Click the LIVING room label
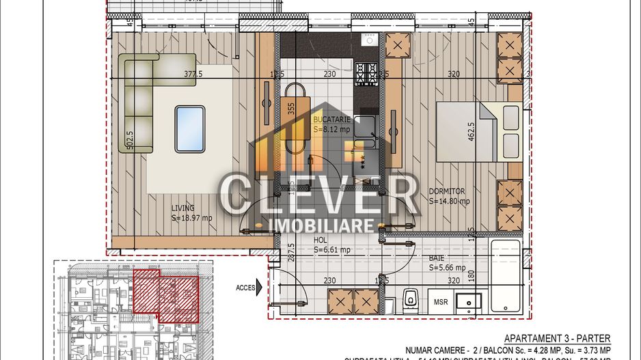183,208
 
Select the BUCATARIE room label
332,119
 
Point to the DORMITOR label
447,192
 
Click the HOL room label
320,240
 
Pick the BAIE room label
437,258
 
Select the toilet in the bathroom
411,298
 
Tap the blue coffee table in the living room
189,128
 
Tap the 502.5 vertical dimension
128,141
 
